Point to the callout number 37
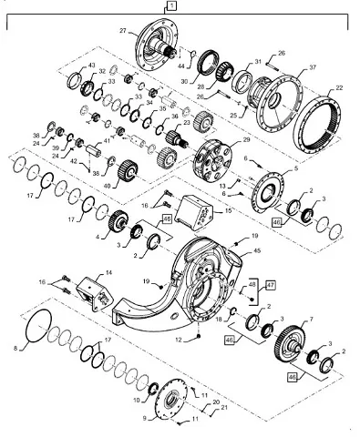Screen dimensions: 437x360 coord(312,68)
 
